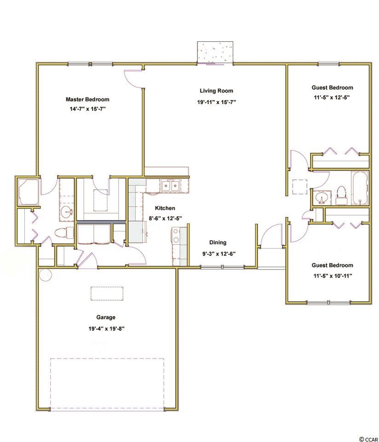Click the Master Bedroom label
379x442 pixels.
coord(87,99)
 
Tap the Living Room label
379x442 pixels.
coord(216,91)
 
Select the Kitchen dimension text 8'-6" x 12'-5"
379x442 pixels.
coord(165,218)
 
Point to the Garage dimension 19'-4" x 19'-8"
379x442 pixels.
coord(106,328)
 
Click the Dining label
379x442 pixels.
coord(218,243)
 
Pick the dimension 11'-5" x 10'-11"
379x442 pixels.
coord(333,276)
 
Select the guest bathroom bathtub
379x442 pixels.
coord(360,188)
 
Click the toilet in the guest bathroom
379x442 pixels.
coord(342,194)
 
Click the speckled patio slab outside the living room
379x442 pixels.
coord(215,52)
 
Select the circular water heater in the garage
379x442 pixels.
coord(46,275)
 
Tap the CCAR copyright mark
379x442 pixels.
coord(368,439)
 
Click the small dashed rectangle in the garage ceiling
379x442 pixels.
coord(107,294)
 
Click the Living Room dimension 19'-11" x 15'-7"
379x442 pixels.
coord(216,102)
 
